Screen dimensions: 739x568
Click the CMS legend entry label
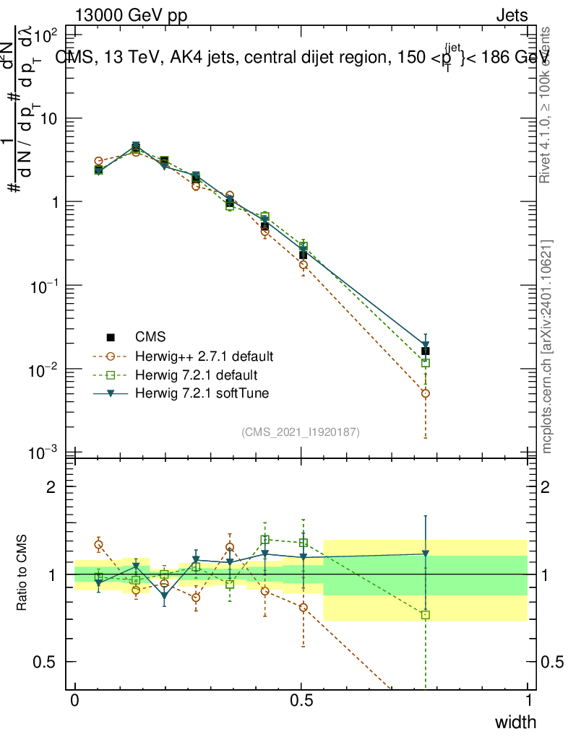[150, 337]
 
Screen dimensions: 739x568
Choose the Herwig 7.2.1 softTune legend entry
[196, 393]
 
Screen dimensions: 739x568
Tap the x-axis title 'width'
[515, 722]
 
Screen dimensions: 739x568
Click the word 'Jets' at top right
[511, 15]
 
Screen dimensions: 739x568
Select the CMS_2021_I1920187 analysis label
[301, 432]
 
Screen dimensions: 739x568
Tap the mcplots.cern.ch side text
[547, 346]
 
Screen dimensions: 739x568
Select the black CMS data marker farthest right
[426, 351]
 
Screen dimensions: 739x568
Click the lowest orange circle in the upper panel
[426, 393]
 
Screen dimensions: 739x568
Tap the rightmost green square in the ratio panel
[426, 615]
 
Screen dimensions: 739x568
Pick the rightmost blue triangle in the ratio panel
[426, 554]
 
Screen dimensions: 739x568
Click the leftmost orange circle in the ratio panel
[99, 545]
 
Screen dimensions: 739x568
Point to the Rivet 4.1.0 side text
[547, 105]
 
